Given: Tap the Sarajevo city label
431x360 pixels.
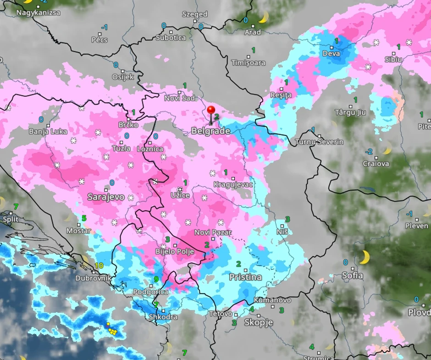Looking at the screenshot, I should [x=106, y=197].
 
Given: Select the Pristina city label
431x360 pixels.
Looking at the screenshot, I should [x=245, y=277].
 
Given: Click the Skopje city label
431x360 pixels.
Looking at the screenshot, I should [x=259, y=322].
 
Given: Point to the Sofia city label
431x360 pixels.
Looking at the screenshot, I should [x=352, y=276].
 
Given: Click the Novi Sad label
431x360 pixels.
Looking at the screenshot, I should [x=180, y=98].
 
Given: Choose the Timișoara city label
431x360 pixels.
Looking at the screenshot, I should [x=249, y=62].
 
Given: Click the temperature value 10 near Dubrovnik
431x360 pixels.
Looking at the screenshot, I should [x=99, y=266].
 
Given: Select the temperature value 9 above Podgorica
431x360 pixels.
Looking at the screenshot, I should [x=156, y=279].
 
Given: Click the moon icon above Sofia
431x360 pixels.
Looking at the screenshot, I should [x=365, y=257].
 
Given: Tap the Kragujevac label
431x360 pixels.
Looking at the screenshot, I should [x=232, y=184].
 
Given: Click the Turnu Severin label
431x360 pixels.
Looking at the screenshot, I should [x=319, y=142].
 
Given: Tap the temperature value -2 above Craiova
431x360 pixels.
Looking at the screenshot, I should [x=369, y=151].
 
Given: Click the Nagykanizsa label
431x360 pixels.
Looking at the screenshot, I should [x=38, y=12].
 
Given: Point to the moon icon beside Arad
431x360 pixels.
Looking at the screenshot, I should [x=263, y=18].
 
